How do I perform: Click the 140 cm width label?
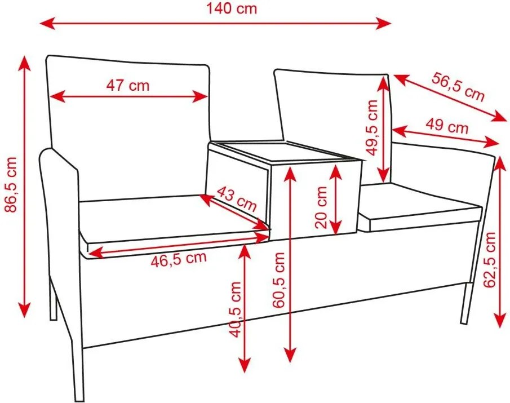click(232, 9)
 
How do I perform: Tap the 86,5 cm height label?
click(11, 184)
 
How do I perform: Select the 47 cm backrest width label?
click(128, 85)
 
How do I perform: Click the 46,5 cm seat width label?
click(179, 259)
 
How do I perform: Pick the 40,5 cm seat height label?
click(235, 309)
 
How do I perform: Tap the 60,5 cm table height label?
click(279, 280)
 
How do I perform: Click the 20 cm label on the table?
click(321, 207)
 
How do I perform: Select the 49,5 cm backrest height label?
click(371, 127)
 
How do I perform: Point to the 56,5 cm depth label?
click(458, 87)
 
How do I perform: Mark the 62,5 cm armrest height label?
click(490, 260)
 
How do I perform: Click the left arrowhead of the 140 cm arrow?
click(47, 24)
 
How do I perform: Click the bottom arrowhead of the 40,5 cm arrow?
click(245, 365)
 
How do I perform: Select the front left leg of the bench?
click(78, 370)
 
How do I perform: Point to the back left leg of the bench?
click(53, 298)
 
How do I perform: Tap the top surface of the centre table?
click(286, 150)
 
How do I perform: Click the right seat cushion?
click(420, 208)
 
